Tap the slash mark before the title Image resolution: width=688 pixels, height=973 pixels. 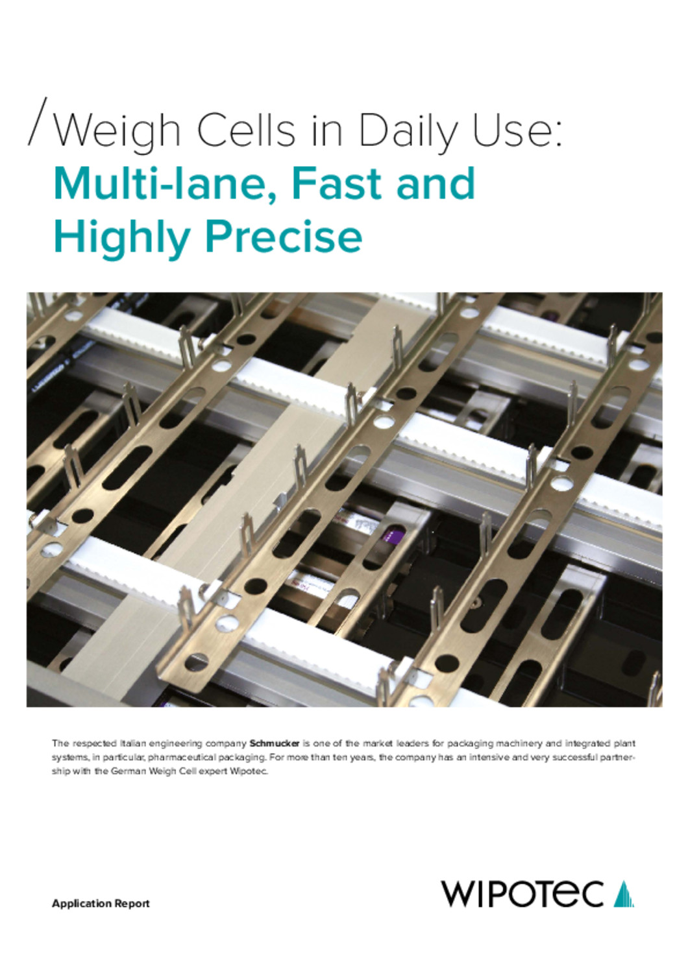[x=38, y=121]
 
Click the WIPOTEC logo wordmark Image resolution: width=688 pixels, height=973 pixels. [x=522, y=893]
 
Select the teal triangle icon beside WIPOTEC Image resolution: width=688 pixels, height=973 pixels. [x=624, y=893]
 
